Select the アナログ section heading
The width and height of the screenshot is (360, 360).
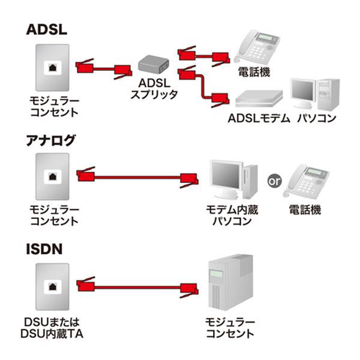point(51,141)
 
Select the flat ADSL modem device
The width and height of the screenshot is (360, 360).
point(258,99)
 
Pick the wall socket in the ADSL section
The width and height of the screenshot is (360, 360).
point(52,67)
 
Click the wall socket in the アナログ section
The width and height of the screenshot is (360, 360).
point(52,176)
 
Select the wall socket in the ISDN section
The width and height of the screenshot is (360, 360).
point(52,286)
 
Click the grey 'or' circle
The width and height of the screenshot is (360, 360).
point(274,179)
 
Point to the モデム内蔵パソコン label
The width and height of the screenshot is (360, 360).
point(228,215)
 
